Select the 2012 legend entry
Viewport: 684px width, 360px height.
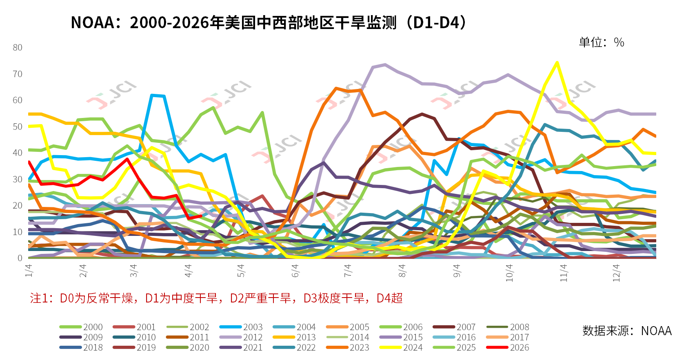(x=241, y=337)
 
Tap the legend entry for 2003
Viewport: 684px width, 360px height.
(x=241, y=327)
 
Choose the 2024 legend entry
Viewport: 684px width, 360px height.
(x=401, y=347)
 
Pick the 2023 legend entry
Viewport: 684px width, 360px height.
(x=347, y=347)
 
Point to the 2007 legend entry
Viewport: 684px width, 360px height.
(x=454, y=327)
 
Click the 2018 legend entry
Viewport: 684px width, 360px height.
(x=81, y=347)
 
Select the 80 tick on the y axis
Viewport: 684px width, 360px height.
(x=18, y=47)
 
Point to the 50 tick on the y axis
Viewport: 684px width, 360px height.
(x=18, y=127)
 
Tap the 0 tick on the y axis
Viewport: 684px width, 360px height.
(x=20, y=258)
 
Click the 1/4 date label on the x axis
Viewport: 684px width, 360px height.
(x=29, y=271)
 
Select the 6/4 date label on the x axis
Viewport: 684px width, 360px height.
(x=295, y=271)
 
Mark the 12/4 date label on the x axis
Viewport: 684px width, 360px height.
(x=616, y=273)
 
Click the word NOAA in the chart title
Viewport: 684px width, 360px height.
(x=93, y=22)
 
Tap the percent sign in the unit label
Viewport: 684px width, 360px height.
(x=619, y=42)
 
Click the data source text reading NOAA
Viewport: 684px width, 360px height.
(x=656, y=331)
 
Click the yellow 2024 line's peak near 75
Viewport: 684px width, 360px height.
(x=557, y=62)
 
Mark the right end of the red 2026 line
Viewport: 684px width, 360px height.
(x=201, y=216)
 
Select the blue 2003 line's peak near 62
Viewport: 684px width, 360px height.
(x=152, y=95)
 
